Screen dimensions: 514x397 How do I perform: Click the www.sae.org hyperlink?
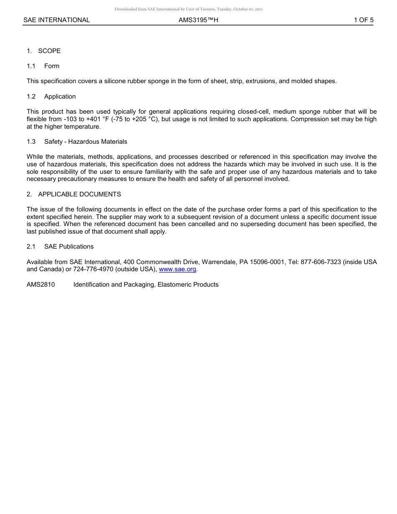178,270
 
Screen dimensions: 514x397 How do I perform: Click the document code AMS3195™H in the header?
198,20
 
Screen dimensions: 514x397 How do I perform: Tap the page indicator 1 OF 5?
363,20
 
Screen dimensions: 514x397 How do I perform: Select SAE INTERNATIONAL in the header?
56,20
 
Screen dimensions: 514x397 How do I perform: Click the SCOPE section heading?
49,51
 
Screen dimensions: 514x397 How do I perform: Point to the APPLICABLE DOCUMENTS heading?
79,194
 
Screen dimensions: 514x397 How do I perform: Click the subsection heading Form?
52,66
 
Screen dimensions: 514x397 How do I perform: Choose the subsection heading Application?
60,97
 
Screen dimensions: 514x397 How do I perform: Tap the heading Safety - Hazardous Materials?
86,142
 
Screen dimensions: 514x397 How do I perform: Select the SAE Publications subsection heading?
69,247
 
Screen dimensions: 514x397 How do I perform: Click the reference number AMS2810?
41,285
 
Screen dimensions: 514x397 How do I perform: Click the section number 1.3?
31,142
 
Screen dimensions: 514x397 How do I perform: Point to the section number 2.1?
31,247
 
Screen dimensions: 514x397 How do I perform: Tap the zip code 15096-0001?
267,262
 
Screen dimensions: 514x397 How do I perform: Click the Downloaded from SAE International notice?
188,9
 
